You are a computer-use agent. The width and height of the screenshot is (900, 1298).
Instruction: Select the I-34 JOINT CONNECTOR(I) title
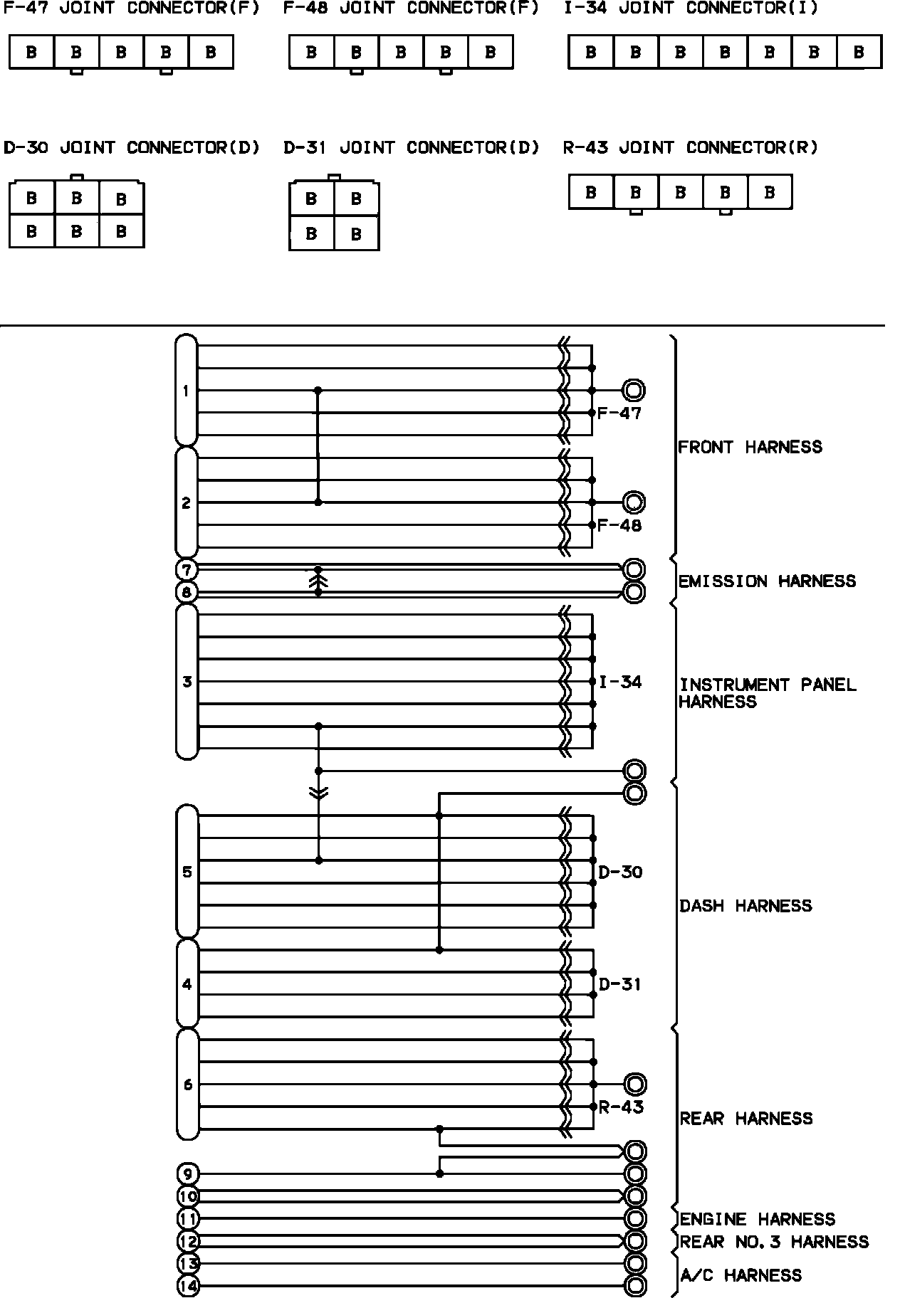coord(690,9)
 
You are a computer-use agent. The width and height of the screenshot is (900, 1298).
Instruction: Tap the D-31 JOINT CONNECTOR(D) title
coord(411,148)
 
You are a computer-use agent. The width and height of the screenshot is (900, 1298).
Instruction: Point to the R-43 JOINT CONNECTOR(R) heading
coord(690,148)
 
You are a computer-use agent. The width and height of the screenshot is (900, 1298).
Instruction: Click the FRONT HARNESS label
coord(750,447)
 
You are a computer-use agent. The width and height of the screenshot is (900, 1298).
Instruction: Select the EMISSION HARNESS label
coord(767,581)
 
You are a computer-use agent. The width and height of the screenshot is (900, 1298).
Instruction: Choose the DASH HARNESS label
coord(745,906)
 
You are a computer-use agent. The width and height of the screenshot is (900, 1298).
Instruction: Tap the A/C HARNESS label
coord(741,1275)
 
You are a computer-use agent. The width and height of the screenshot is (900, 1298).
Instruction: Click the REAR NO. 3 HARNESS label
coord(774,1242)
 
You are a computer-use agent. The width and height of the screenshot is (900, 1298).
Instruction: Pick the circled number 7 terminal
coord(187,570)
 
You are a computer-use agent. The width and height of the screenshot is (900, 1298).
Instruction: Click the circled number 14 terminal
coord(188,1286)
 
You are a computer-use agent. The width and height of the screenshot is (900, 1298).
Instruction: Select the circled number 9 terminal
coord(187,1173)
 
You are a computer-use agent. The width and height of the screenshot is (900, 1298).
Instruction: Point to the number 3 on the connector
coord(187,682)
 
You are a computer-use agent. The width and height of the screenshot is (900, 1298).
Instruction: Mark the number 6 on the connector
coord(187,1085)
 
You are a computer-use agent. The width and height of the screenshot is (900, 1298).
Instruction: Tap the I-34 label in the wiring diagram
coord(620,682)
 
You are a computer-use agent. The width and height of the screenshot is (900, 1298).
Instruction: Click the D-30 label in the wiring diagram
coord(620,872)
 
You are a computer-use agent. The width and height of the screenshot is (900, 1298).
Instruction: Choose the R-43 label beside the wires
coord(621,1107)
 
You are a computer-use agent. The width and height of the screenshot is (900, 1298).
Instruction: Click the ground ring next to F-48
coord(634,502)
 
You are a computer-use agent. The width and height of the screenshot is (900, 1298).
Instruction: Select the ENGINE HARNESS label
coord(757,1219)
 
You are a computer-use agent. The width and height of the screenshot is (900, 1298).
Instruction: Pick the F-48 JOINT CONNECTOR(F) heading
coord(411,9)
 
